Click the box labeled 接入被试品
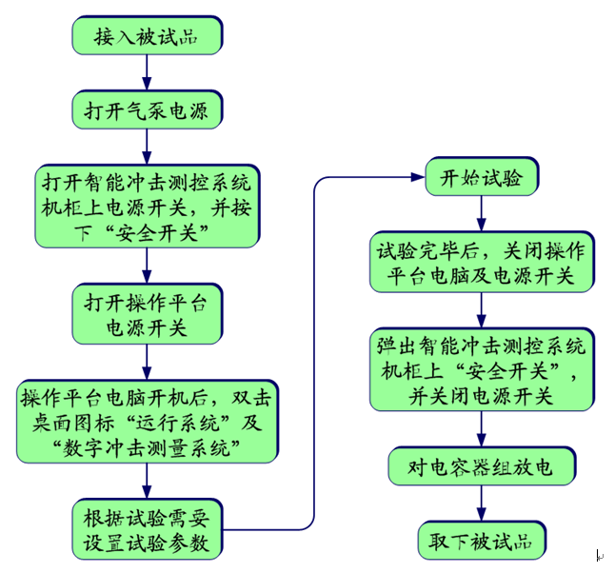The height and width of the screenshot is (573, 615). (x=147, y=37)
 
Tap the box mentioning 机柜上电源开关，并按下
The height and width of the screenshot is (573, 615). (x=147, y=206)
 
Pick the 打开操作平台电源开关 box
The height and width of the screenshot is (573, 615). (x=147, y=315)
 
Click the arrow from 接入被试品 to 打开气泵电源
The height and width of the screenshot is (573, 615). (x=147, y=72)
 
